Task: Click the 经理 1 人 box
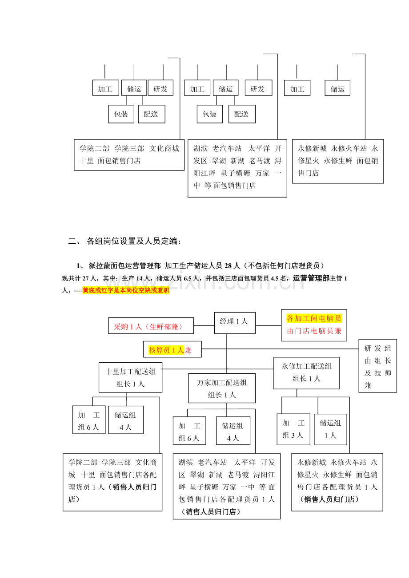tap(235, 323)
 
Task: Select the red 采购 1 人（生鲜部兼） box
tap(151, 326)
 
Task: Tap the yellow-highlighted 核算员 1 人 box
tap(172, 349)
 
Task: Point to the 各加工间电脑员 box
tap(314, 325)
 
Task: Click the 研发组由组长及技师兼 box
tap(377, 366)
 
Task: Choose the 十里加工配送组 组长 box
tap(130, 377)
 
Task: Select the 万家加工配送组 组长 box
tap(222, 388)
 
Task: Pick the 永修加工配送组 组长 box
tap(306, 373)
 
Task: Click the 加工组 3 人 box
tap(293, 429)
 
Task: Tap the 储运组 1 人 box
tap(330, 429)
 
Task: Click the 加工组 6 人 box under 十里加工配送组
tap(89, 420)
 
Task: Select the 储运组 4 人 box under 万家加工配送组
tap(233, 431)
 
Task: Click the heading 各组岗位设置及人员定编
tap(133, 241)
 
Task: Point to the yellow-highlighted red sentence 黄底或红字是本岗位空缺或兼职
tap(126, 290)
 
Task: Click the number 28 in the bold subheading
tap(228, 266)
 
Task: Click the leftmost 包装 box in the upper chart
tap(121, 114)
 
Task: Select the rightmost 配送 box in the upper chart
tap(242, 114)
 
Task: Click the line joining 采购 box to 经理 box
tap(204, 326)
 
